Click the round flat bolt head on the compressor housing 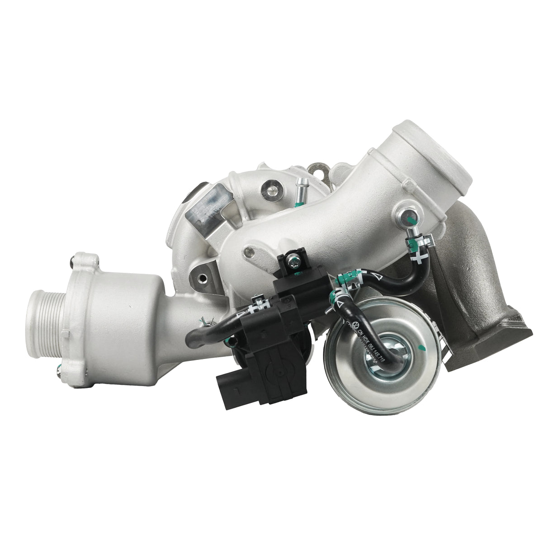[272, 185]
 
